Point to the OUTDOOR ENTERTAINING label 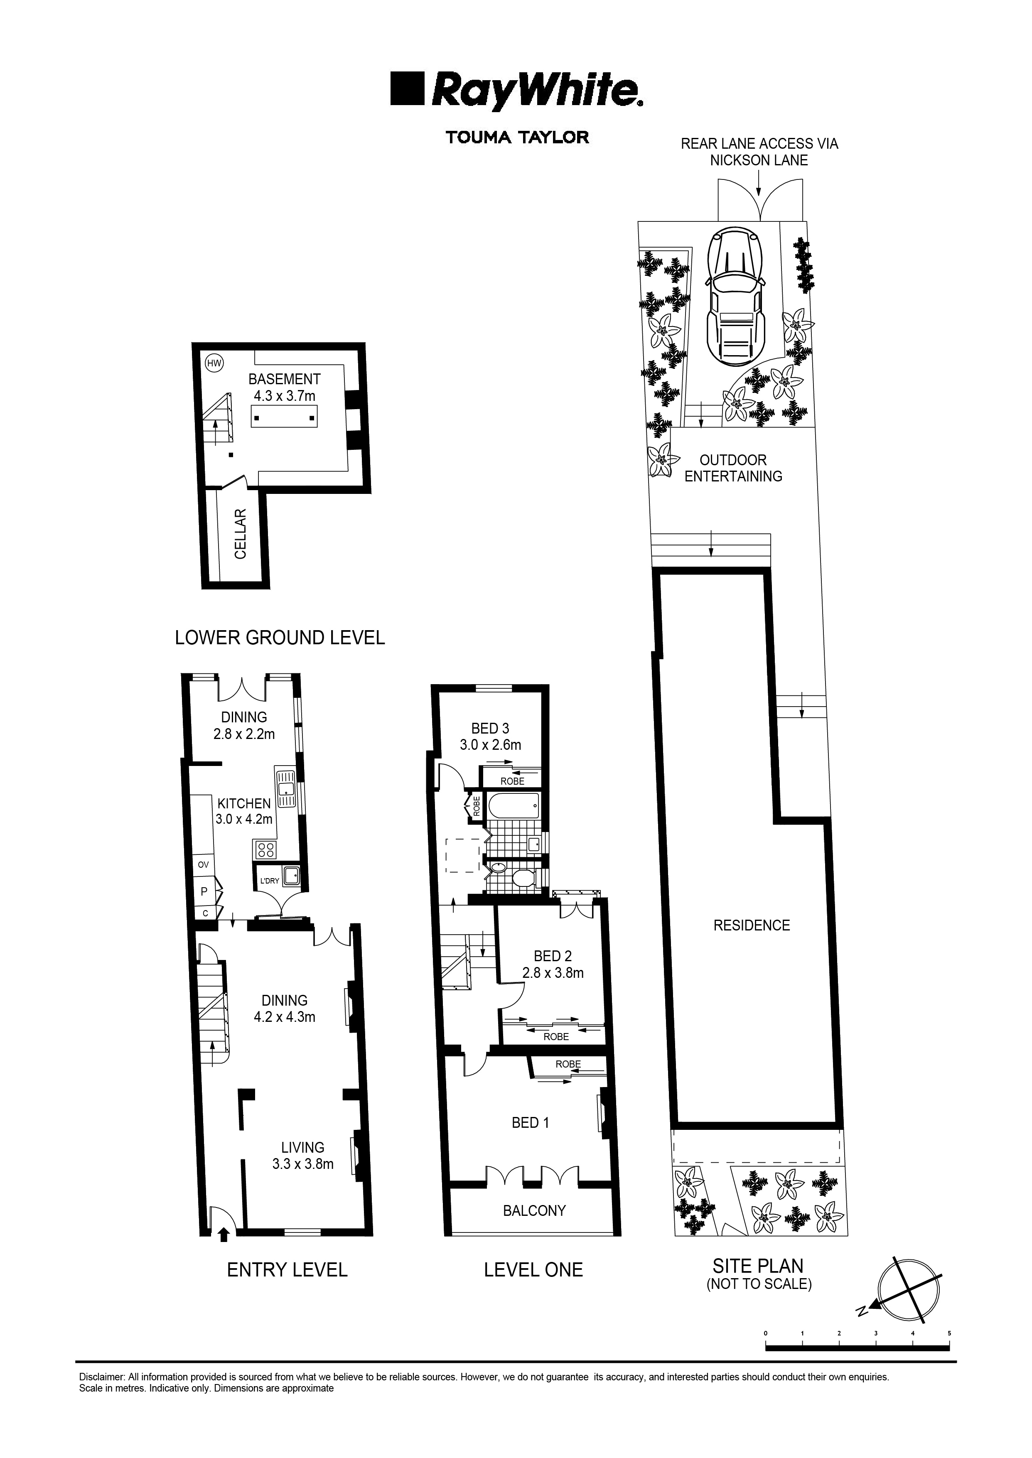tap(733, 468)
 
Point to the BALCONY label tap(534, 1210)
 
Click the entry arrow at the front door tap(223, 1234)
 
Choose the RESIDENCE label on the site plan tap(751, 925)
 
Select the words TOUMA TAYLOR tap(517, 137)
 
